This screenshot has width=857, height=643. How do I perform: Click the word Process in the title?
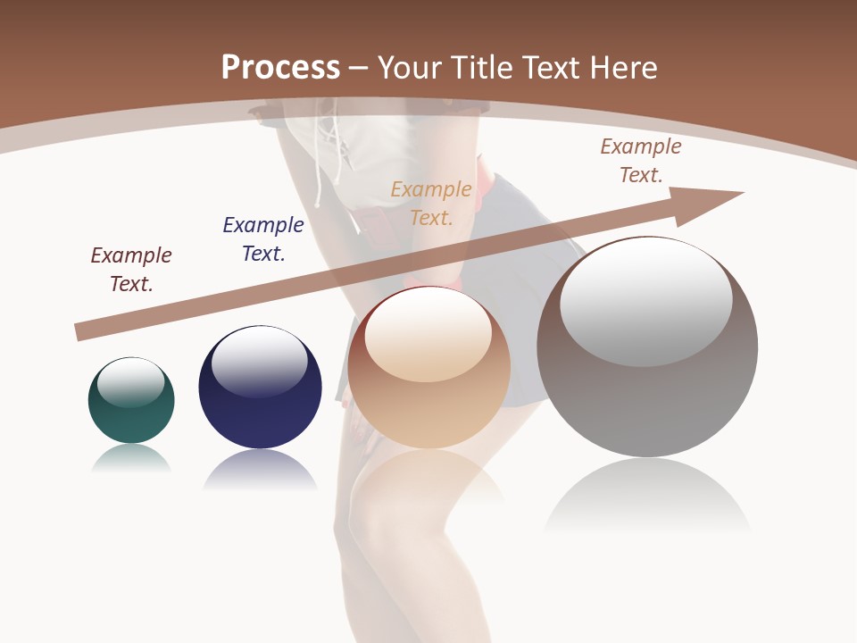280,68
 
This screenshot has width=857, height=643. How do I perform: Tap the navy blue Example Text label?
263,239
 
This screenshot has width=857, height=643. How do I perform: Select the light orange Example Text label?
431,204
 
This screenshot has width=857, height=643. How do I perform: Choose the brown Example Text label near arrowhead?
641,161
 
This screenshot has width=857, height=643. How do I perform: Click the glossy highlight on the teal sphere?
131,382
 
